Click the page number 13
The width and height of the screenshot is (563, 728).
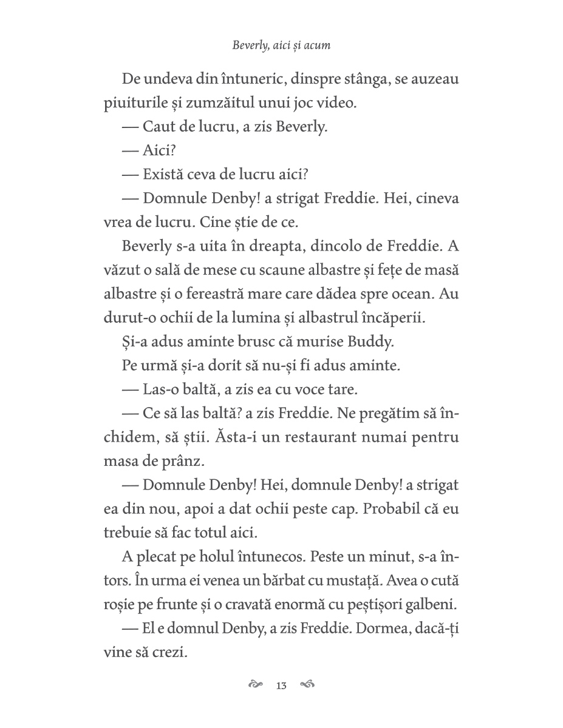click(x=281, y=686)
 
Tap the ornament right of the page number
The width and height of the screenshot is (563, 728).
click(x=307, y=685)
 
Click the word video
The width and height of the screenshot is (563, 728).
click(x=338, y=103)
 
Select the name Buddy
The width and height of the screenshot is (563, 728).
click(x=371, y=341)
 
